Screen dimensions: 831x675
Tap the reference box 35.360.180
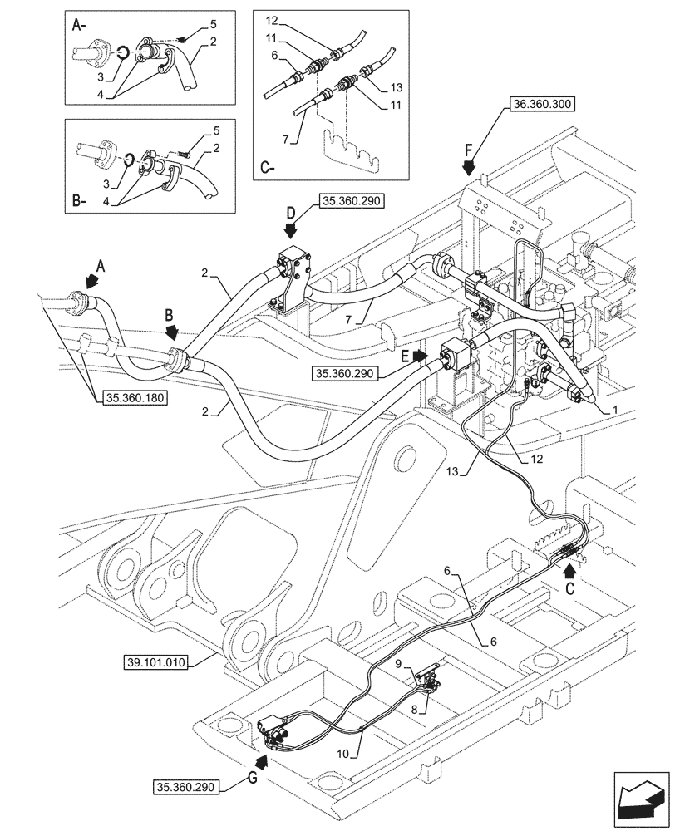coord(135,398)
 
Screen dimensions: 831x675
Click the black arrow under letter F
coord(470,167)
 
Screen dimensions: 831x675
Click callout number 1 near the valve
coord(615,409)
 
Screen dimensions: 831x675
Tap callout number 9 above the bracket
coord(398,663)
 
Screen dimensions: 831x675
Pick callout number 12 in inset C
coord(272,19)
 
